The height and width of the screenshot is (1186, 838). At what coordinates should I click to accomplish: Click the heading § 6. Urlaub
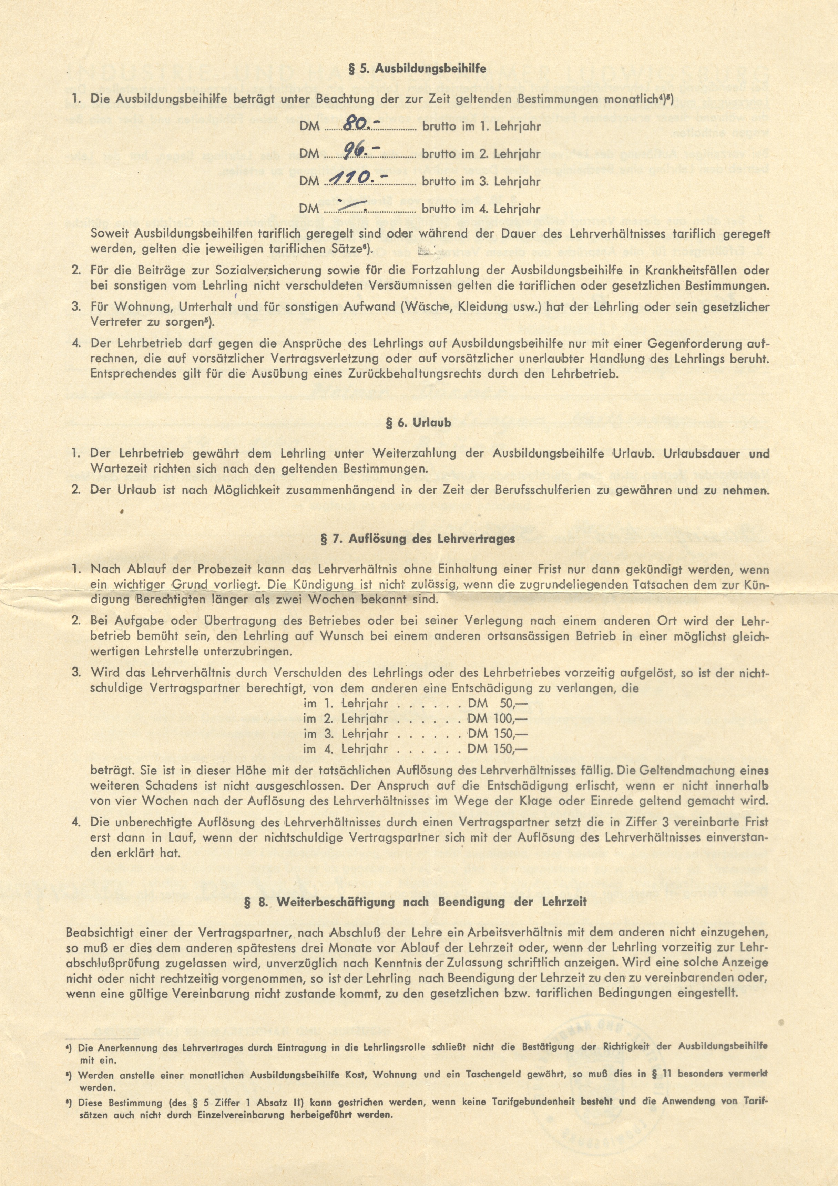click(x=418, y=423)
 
